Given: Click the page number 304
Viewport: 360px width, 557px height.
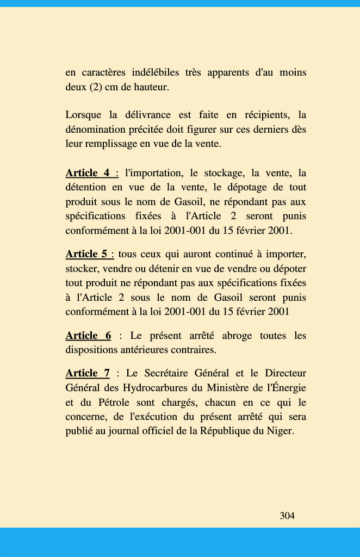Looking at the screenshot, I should (287, 516).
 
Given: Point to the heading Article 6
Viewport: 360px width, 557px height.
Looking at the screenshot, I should (88, 336).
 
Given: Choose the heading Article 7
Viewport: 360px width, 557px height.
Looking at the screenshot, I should (88, 373).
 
